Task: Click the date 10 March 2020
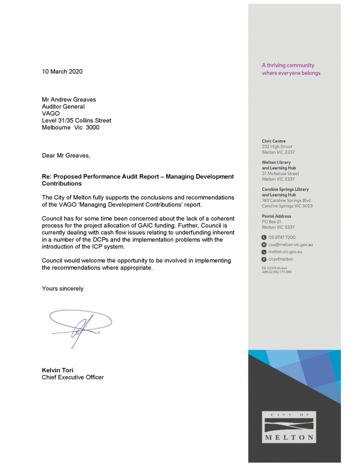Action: pyautogui.click(x=62, y=71)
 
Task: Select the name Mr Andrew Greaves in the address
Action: pyautogui.click(x=69, y=99)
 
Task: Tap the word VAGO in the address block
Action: pyautogui.click(x=51, y=113)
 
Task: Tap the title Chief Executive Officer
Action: pyautogui.click(x=73, y=377)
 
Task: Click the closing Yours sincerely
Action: pyautogui.click(x=62, y=288)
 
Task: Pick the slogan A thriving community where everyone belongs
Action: pyautogui.click(x=291, y=69)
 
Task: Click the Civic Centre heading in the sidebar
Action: pyautogui.click(x=273, y=141)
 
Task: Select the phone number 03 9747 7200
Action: pyautogui.click(x=282, y=237)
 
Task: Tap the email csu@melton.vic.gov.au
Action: pyautogui.click(x=291, y=245)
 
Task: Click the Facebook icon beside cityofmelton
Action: pyautogui.click(x=264, y=259)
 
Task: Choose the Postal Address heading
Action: pyautogui.click(x=276, y=216)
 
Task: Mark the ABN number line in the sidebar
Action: pyautogui.click(x=277, y=272)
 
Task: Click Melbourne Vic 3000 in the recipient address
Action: pyautogui.click(x=70, y=127)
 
